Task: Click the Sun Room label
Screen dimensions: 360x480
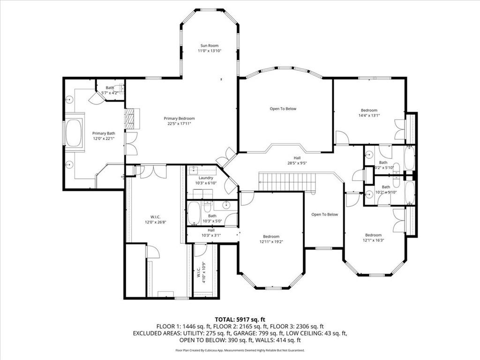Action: coord(209,45)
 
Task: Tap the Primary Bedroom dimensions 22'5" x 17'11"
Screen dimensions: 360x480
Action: coord(179,124)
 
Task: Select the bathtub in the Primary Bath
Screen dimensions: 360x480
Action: coord(74,133)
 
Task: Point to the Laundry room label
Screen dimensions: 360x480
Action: coord(206,178)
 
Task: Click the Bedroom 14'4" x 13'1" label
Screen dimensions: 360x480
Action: coord(368,110)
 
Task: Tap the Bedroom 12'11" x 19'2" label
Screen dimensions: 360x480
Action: coord(271,236)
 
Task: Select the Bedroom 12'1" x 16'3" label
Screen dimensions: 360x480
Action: coord(373,235)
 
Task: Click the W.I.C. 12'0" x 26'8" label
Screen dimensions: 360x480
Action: coord(156,217)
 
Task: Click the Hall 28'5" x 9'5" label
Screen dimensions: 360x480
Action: coord(297,158)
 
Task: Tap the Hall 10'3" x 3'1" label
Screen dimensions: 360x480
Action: coord(211,230)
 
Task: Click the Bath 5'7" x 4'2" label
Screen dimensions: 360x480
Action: coord(110,88)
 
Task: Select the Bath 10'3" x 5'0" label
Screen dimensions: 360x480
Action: coord(212,216)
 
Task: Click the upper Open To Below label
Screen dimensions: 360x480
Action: coord(283,109)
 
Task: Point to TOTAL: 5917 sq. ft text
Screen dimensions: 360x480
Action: coord(240,319)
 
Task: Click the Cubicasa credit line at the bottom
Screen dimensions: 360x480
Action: coord(240,350)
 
